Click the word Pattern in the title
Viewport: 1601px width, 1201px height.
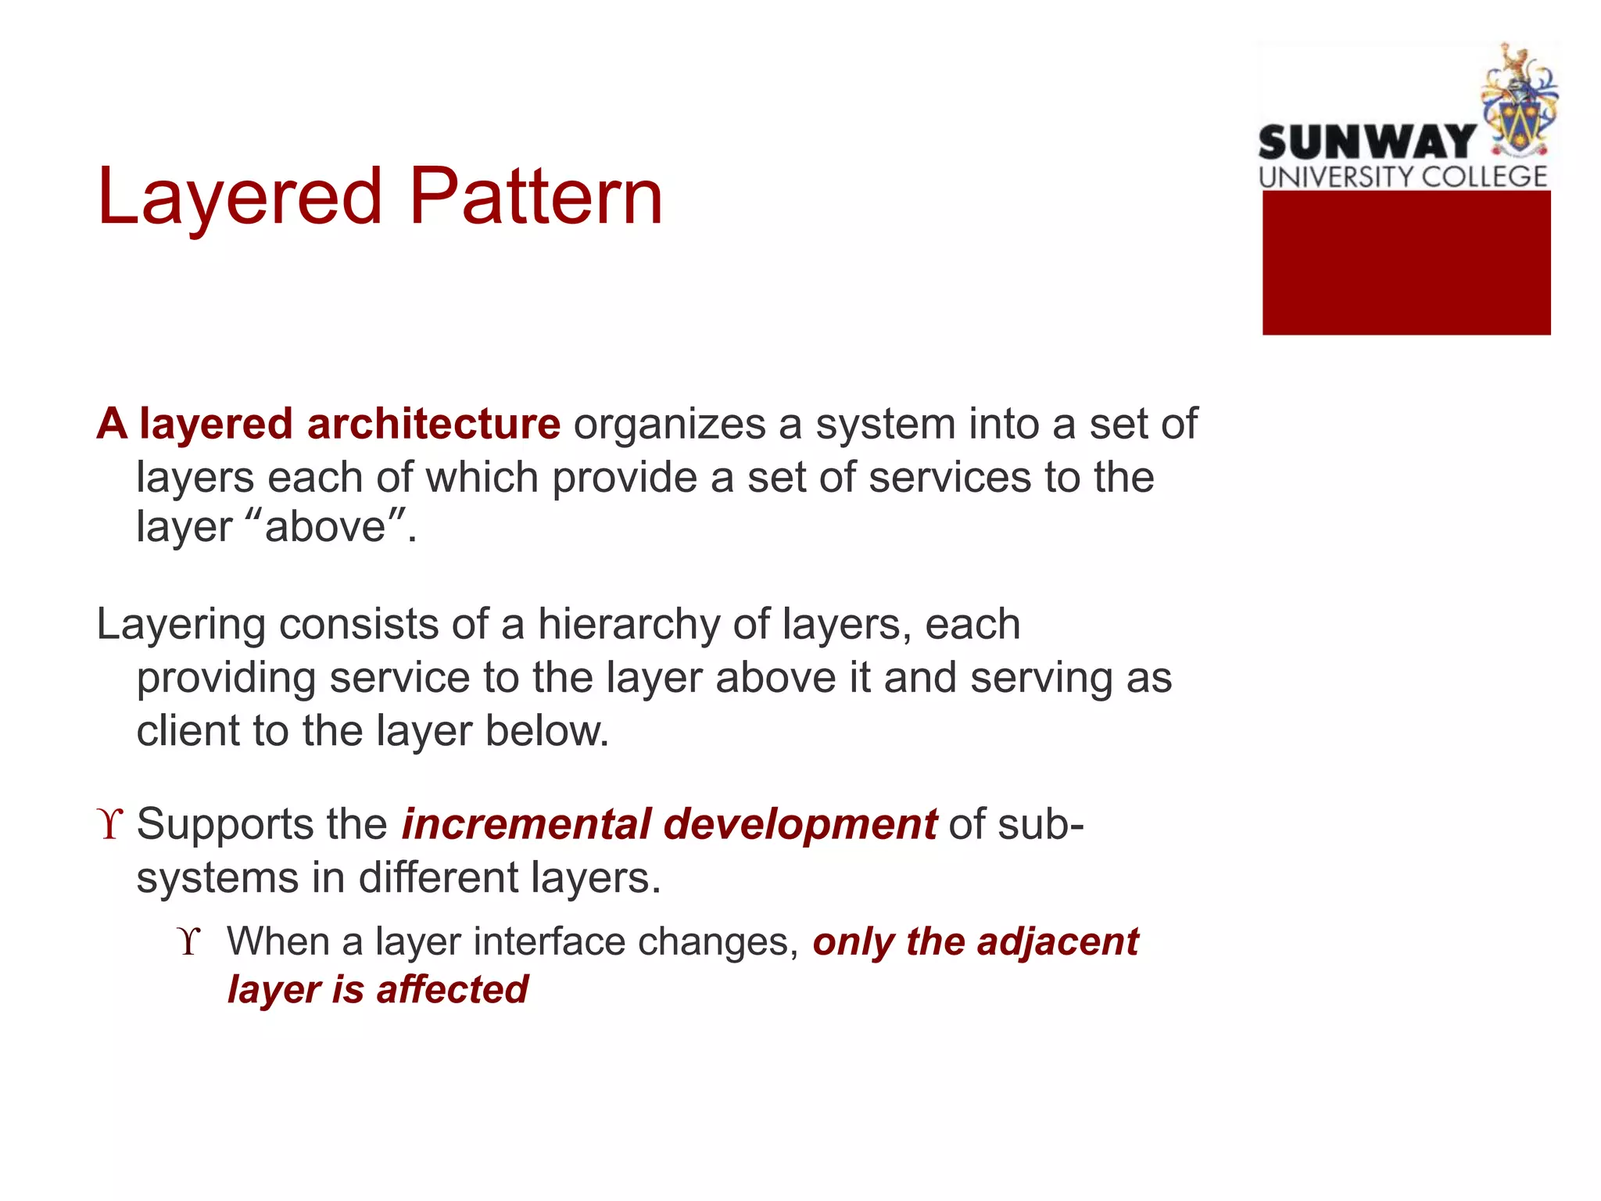click(x=535, y=197)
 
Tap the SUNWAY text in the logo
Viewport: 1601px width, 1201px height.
click(x=1366, y=143)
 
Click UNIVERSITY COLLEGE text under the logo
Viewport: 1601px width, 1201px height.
click(x=1403, y=177)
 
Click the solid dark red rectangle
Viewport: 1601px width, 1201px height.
click(x=1406, y=263)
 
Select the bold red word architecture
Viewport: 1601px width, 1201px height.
click(x=433, y=425)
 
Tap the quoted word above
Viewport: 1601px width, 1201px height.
click(x=325, y=526)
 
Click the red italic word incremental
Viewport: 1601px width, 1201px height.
click(x=525, y=824)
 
